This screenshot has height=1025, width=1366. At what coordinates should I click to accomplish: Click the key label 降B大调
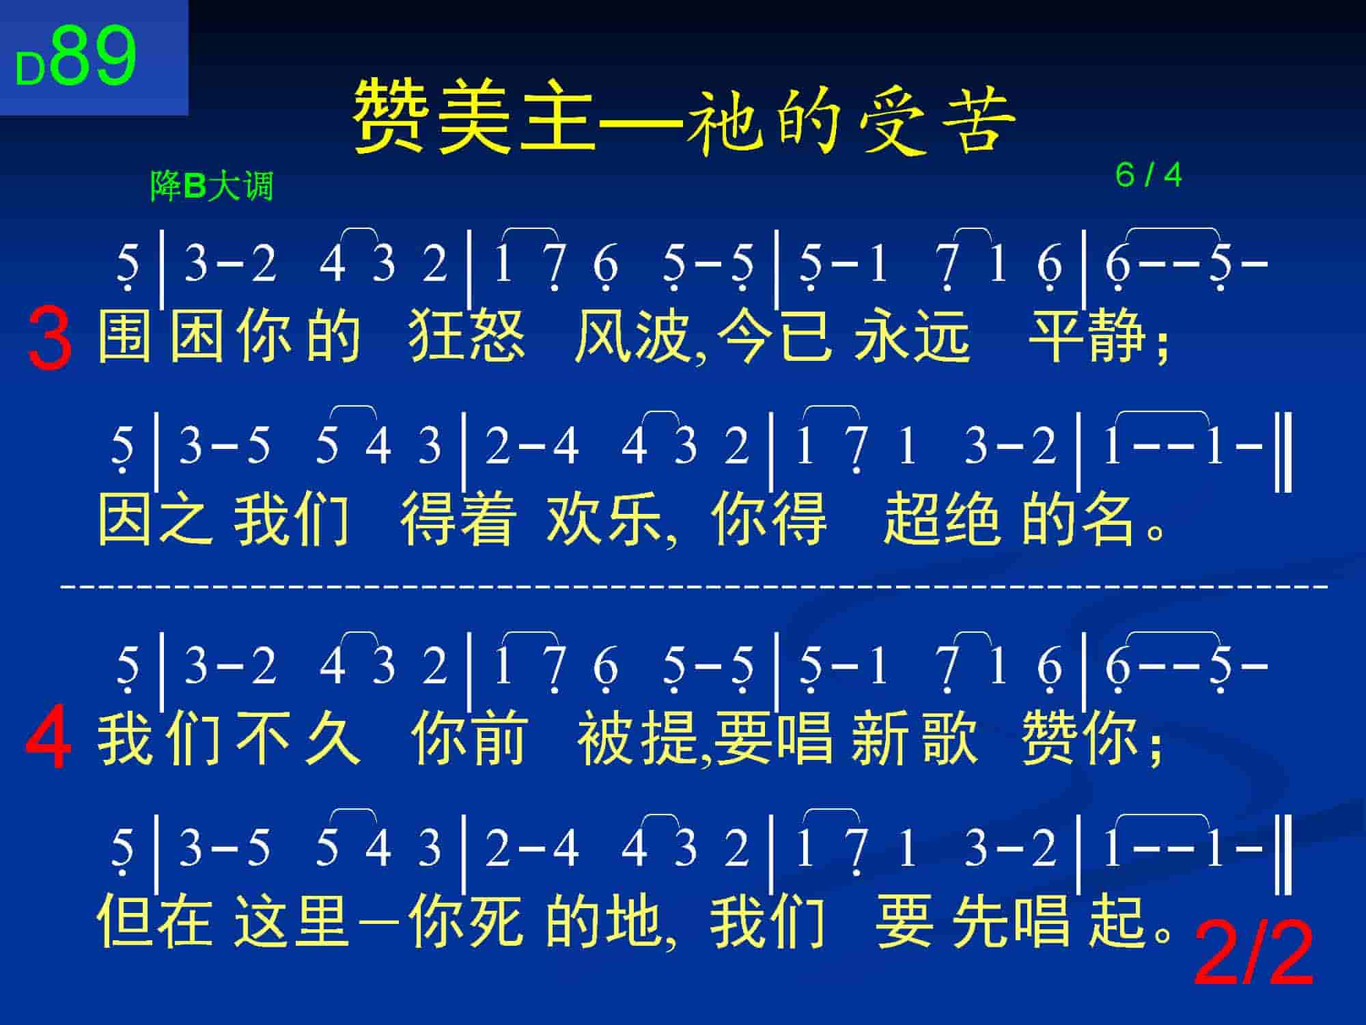pyautogui.click(x=212, y=186)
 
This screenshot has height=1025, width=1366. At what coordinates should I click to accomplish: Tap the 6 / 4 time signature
pyautogui.click(x=1148, y=176)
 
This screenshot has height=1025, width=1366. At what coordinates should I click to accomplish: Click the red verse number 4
pyautogui.click(x=48, y=739)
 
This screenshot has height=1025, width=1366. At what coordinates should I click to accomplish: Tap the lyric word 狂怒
pyautogui.click(x=467, y=336)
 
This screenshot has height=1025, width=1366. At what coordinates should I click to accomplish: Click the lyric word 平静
pyautogui.click(x=1087, y=336)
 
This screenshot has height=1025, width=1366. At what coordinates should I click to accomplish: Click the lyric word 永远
pyautogui.click(x=912, y=336)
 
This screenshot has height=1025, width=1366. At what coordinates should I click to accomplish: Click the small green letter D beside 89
pyautogui.click(x=30, y=70)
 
